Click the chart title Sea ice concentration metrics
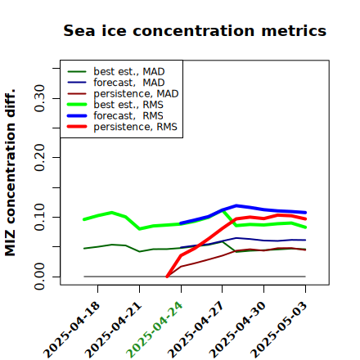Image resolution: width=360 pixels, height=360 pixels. (195, 30)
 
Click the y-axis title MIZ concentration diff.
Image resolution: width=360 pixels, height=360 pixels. (10, 173)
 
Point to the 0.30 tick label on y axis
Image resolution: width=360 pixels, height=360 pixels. (40, 98)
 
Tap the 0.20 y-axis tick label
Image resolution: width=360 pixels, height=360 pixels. (40, 158)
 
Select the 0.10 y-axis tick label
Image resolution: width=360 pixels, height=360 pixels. (40, 217)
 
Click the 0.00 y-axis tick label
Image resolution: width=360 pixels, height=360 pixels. (40, 277)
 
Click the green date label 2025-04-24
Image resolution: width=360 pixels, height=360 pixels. (155, 330)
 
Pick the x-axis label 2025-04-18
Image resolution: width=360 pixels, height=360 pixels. (71, 330)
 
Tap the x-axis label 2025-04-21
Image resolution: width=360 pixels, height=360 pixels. (113, 330)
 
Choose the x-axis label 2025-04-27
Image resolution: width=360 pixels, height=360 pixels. (196, 330)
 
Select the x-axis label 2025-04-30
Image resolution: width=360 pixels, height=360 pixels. (237, 330)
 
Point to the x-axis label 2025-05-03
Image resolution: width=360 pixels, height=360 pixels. (279, 330)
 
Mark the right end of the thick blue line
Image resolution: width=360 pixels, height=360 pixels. (305, 213)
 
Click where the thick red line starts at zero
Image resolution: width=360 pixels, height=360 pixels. (167, 277)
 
